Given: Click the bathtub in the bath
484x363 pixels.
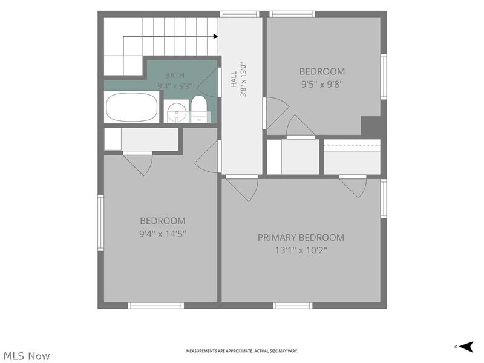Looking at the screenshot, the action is pyautogui.click(x=131, y=107).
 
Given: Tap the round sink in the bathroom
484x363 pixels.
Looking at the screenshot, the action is pyautogui.click(x=177, y=112).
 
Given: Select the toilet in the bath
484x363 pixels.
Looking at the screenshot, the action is pyautogui.click(x=199, y=109).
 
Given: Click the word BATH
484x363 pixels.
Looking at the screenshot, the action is pyautogui.click(x=175, y=75).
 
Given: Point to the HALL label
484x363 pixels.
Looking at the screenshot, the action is pyautogui.click(x=234, y=79).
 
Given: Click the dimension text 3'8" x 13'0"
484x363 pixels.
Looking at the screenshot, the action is pyautogui.click(x=243, y=79).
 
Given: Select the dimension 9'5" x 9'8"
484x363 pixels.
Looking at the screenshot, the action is pyautogui.click(x=322, y=84).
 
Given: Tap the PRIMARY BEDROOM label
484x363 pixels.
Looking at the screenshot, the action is pyautogui.click(x=301, y=237).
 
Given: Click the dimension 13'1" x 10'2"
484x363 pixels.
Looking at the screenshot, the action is pyautogui.click(x=301, y=250).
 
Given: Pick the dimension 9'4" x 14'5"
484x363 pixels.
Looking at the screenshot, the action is pyautogui.click(x=162, y=234).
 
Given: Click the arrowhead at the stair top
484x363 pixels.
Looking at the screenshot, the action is pyautogui.click(x=215, y=36).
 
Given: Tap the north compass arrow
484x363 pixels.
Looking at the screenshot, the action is pyautogui.click(x=466, y=346).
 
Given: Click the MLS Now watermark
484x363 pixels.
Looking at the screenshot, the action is pyautogui.click(x=25, y=356).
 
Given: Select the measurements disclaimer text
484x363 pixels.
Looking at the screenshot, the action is pyautogui.click(x=241, y=351).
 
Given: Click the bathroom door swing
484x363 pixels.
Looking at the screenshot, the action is pyautogui.click(x=208, y=82).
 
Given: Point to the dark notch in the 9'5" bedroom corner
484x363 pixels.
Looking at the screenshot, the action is pyautogui.click(x=371, y=126).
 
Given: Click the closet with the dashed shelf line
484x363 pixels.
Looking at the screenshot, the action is pyautogui.click(x=352, y=157).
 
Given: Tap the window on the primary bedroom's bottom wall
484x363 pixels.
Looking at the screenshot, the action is pyautogui.click(x=292, y=306).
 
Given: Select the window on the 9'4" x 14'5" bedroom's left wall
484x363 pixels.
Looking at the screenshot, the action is pyautogui.click(x=100, y=223).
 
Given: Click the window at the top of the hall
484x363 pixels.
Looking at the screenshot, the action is pyautogui.click(x=240, y=14).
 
